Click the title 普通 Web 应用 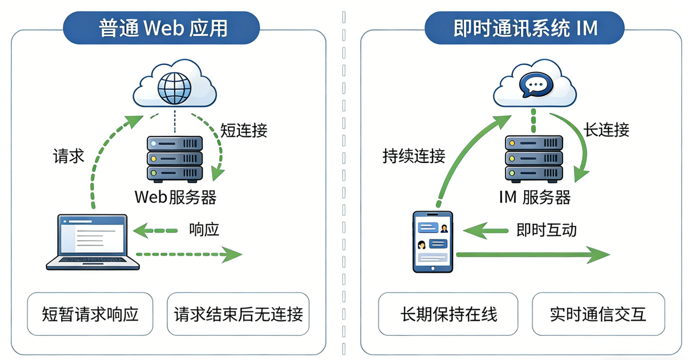[x=162, y=28]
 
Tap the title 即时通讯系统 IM [x=525, y=28]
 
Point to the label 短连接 [x=244, y=130]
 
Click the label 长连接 [x=606, y=130]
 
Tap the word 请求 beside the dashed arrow [x=68, y=156]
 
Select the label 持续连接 [x=414, y=156]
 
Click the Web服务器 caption [x=175, y=197]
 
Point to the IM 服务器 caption [x=534, y=198]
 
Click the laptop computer [x=93, y=241]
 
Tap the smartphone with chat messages [x=433, y=241]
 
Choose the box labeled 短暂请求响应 [x=90, y=314]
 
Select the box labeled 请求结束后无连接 [x=238, y=314]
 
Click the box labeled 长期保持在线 [x=448, y=314]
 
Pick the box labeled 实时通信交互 [x=598, y=314]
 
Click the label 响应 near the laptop [x=204, y=230]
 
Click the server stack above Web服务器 [x=175, y=159]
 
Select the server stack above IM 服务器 [x=533, y=159]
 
